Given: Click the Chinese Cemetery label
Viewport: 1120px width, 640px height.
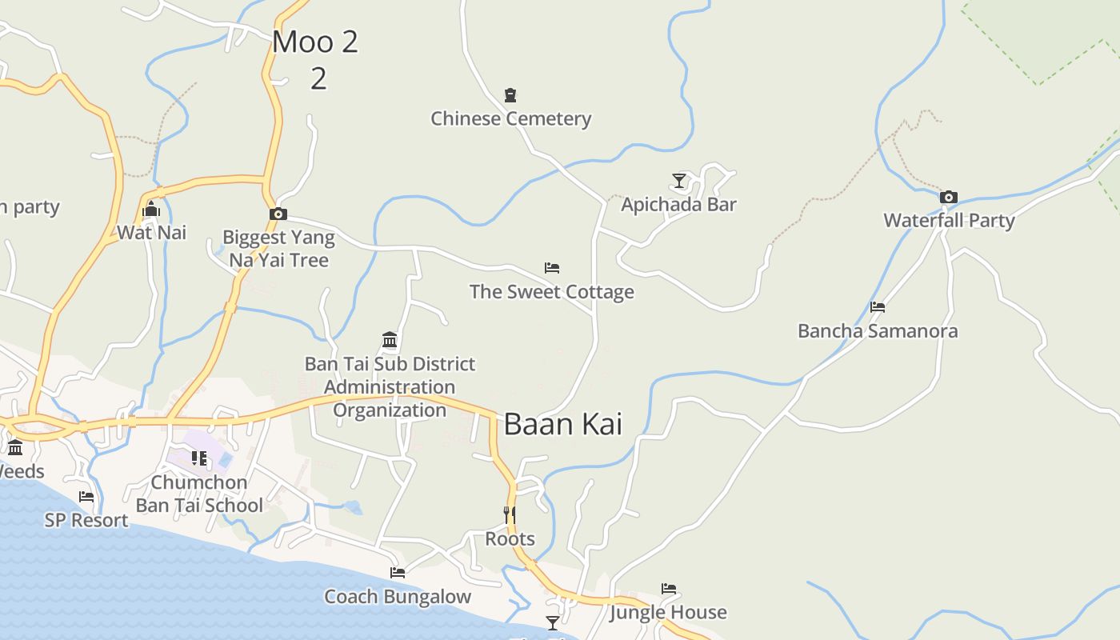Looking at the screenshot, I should [510, 118].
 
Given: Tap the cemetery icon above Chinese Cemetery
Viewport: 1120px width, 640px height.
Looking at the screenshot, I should [510, 95].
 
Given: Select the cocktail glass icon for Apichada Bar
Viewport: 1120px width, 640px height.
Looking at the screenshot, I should [679, 181].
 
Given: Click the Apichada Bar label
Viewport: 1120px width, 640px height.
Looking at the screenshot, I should [678, 204].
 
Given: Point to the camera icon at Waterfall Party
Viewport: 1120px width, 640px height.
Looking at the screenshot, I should [949, 197].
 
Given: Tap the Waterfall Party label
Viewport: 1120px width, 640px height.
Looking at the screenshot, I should [949, 220].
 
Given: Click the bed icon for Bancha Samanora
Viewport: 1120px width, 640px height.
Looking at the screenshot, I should [878, 307].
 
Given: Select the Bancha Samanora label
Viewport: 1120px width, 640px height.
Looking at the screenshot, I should [878, 330].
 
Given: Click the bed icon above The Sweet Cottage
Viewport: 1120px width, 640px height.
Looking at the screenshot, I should [552, 268].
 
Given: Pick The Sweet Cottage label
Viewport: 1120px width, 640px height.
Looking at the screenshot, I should [552, 291].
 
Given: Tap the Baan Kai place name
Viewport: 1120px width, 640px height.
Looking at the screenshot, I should [562, 424].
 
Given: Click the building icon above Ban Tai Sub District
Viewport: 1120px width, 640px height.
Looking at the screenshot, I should [390, 340].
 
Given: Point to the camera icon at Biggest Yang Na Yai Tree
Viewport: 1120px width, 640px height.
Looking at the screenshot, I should [278, 214].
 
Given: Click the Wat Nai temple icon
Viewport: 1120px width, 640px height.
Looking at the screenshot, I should [151, 210].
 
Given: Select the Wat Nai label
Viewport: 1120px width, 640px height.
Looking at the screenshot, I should [151, 232].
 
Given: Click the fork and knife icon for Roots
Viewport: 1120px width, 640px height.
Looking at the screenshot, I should [510, 515].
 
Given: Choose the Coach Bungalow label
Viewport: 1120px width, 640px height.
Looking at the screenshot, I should [398, 596].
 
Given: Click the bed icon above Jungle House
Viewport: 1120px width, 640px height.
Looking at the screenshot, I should [669, 589].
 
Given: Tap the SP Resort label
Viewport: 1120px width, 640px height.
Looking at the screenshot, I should [86, 520].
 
